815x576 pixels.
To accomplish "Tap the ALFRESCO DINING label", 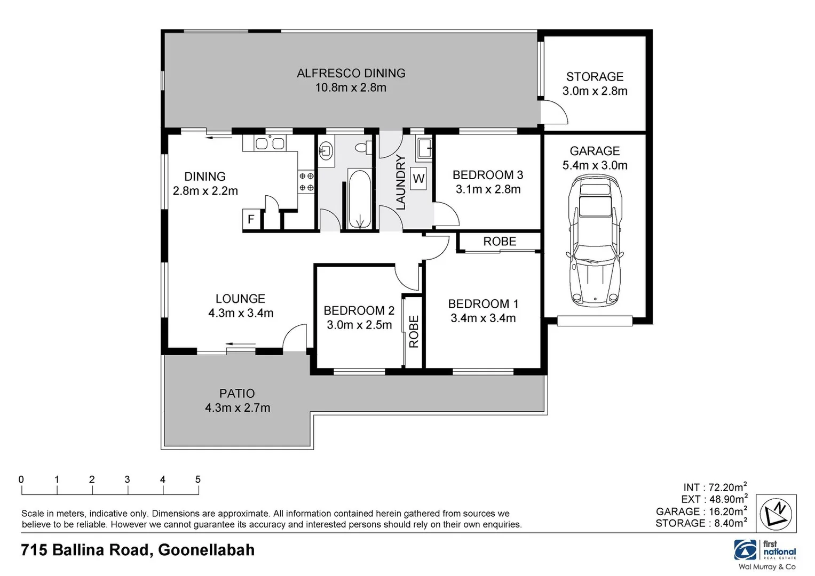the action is click(351, 74).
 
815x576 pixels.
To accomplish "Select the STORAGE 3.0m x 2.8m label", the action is click(595, 84).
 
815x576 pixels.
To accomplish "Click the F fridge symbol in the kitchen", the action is click(250, 219).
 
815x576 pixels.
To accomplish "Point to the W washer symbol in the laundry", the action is click(418, 179).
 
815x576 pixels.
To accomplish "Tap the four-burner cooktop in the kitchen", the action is click(306, 181).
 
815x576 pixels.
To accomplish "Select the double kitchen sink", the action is click(270, 143).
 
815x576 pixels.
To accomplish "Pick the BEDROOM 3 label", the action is click(487, 175).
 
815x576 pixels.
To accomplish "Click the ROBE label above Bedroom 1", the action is click(500, 242).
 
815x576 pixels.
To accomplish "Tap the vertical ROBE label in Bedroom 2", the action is click(414, 332).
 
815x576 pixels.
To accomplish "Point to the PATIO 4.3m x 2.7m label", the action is click(238, 401).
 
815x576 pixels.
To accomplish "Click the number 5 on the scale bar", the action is click(198, 479).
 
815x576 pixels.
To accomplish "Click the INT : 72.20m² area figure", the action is click(715, 487).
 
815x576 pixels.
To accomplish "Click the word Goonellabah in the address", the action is click(206, 550).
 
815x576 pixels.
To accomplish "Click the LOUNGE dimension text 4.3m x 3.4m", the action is click(241, 314).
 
